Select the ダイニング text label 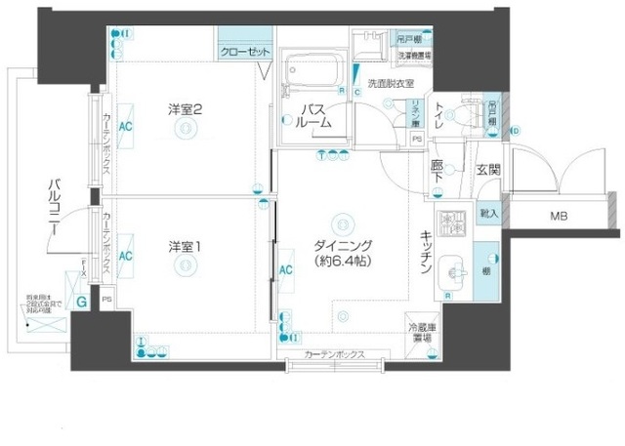(x=340, y=245)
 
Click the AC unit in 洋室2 (x=126, y=126)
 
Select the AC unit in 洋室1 (x=126, y=255)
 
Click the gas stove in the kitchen (x=450, y=224)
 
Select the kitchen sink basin (x=451, y=269)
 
